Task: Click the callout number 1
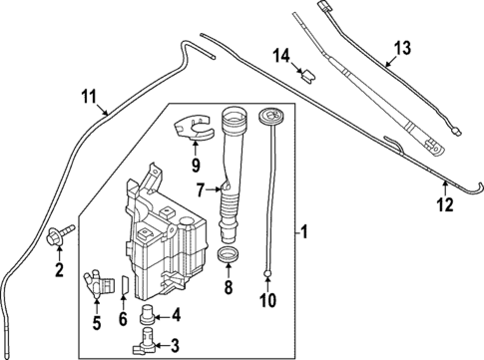[x=305, y=236]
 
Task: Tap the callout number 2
[x=59, y=269]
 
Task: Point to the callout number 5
[x=96, y=322]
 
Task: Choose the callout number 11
[x=88, y=97]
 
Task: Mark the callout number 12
[x=445, y=205]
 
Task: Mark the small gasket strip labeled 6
[x=124, y=286]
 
